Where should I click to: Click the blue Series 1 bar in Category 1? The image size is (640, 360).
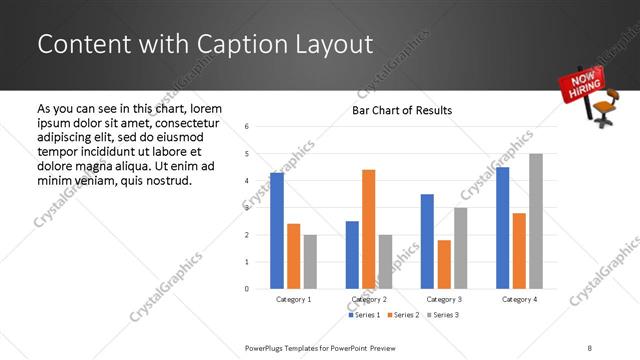277,230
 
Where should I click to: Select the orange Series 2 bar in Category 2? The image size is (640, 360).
369,229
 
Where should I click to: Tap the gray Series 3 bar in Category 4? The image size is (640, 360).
536,221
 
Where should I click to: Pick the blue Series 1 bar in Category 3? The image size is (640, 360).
427,241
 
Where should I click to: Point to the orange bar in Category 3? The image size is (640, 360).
444,264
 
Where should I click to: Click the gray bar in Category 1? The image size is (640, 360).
310,262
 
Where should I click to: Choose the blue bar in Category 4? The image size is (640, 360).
502,228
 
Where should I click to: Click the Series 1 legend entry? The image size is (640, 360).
364,315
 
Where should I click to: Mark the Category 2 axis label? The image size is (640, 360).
369,299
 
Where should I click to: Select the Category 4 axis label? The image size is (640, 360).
519,299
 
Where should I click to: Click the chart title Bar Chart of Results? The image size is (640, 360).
402,110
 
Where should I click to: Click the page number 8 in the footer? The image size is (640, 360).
590,347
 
